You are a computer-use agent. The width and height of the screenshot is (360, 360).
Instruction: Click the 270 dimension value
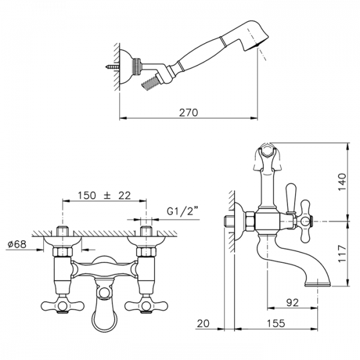(188, 113)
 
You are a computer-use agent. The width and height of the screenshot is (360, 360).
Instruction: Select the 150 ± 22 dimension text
(104, 196)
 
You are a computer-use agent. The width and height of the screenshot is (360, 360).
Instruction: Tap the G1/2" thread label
(182, 211)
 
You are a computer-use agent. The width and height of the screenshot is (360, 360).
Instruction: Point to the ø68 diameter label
(17, 244)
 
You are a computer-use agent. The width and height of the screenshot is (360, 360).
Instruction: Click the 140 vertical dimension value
(342, 182)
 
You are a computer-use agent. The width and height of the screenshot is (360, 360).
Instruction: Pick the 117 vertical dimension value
(342, 253)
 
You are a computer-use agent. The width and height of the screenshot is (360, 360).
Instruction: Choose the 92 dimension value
(292, 302)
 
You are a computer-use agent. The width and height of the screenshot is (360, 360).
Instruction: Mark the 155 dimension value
(276, 323)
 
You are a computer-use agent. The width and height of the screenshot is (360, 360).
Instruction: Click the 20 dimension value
(203, 323)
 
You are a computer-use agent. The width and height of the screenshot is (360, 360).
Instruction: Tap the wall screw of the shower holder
(113, 67)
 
